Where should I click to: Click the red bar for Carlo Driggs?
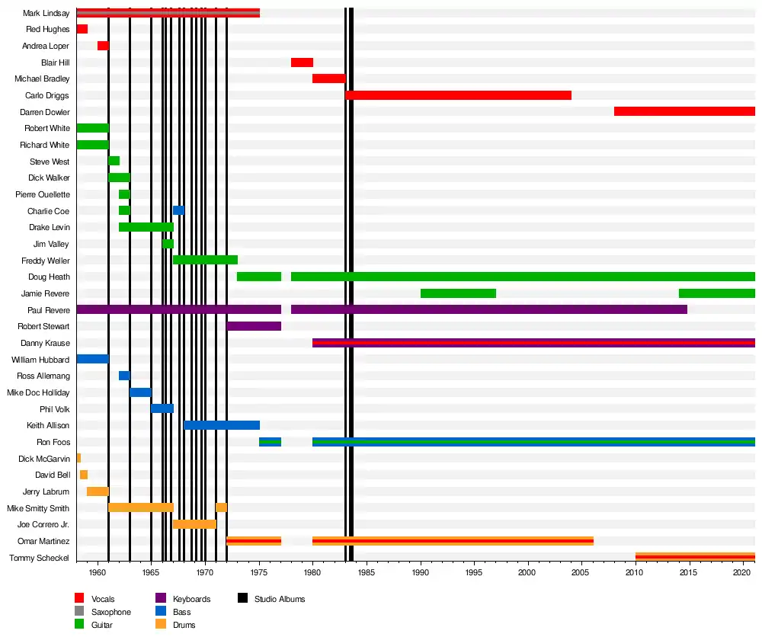[458, 95]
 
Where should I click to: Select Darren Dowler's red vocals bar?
[684, 112]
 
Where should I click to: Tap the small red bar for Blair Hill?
[302, 62]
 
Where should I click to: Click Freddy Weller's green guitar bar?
[205, 261]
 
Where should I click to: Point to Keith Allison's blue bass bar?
[222, 425]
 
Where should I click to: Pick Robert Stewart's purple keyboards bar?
[254, 326]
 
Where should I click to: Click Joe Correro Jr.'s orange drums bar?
[194, 524]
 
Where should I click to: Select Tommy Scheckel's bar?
[695, 557]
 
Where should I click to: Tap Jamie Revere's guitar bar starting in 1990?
[458, 293]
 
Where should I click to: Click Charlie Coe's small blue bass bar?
[178, 211]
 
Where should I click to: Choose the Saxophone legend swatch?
[79, 612]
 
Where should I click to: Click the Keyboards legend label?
[191, 599]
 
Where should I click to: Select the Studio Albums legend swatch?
[244, 599]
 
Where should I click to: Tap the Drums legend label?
[184, 625]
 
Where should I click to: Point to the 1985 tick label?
[367, 572]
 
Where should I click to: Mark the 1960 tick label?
[98, 572]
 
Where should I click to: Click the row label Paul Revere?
[49, 310]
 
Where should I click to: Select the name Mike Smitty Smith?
[38, 508]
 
